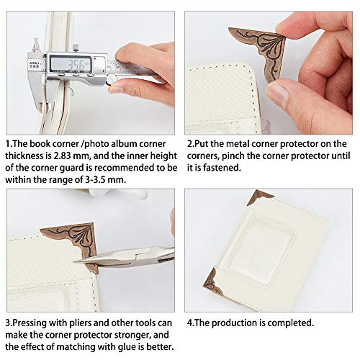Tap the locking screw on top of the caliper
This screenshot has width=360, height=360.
(x=76, y=48)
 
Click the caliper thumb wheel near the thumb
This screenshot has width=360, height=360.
(x=111, y=79)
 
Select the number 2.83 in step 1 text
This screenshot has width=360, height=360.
(x=62, y=156)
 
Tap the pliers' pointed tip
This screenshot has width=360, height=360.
(x=75, y=261)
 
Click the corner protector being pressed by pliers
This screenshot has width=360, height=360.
(x=74, y=243)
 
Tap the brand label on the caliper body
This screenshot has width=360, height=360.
(x=34, y=64)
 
